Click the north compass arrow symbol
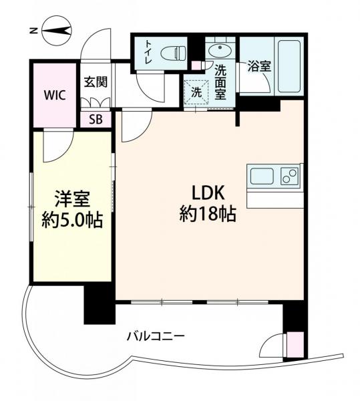point(55,29)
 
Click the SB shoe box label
point(96,120)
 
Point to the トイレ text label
point(148,51)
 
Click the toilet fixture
point(173,52)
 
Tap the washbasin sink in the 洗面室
point(218,51)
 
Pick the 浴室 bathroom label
point(257,67)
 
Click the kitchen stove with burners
point(290,177)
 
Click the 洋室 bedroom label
point(72,198)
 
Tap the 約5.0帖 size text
point(72,221)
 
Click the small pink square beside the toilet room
point(196,65)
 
